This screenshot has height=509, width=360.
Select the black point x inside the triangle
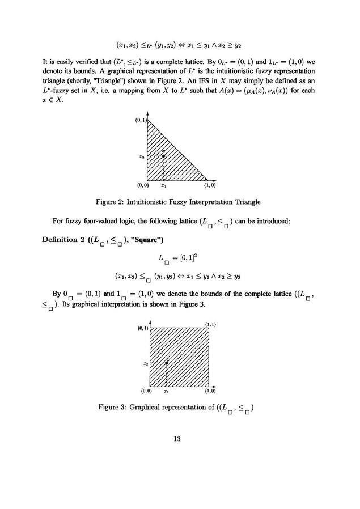163,156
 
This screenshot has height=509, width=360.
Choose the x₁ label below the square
166,391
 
